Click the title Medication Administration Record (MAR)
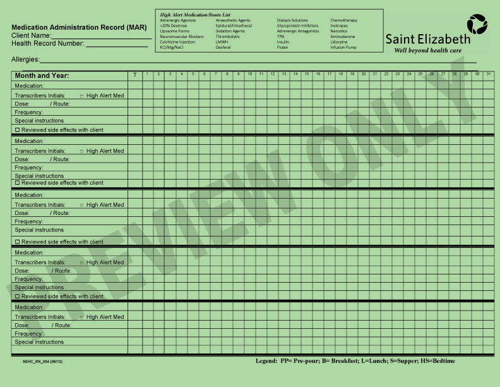[79, 28]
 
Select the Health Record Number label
[47, 44]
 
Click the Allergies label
[25, 59]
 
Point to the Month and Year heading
[42, 76]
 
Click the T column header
[134, 75]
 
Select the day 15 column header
[306, 75]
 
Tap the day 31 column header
[488, 75]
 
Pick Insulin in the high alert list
[283, 42]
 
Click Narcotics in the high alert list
[339, 31]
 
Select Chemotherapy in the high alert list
[343, 20]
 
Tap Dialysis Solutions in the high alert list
[292, 20]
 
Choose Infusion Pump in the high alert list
[343, 47]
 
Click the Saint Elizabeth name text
[428, 39]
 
